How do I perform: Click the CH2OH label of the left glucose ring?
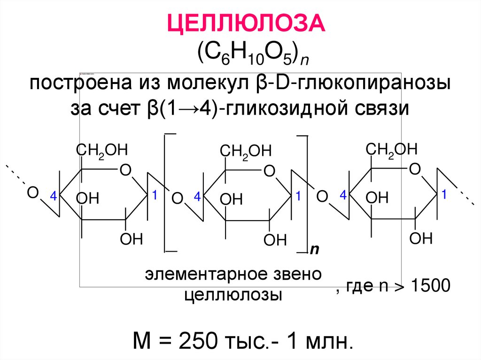click(x=101, y=151)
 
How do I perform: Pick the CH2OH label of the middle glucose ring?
click(x=246, y=152)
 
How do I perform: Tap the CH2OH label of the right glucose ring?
click(x=391, y=150)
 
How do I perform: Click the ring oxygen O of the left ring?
click(x=125, y=170)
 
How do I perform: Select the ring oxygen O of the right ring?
click(x=414, y=169)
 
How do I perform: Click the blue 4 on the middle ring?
click(x=197, y=198)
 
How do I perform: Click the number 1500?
click(x=431, y=286)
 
